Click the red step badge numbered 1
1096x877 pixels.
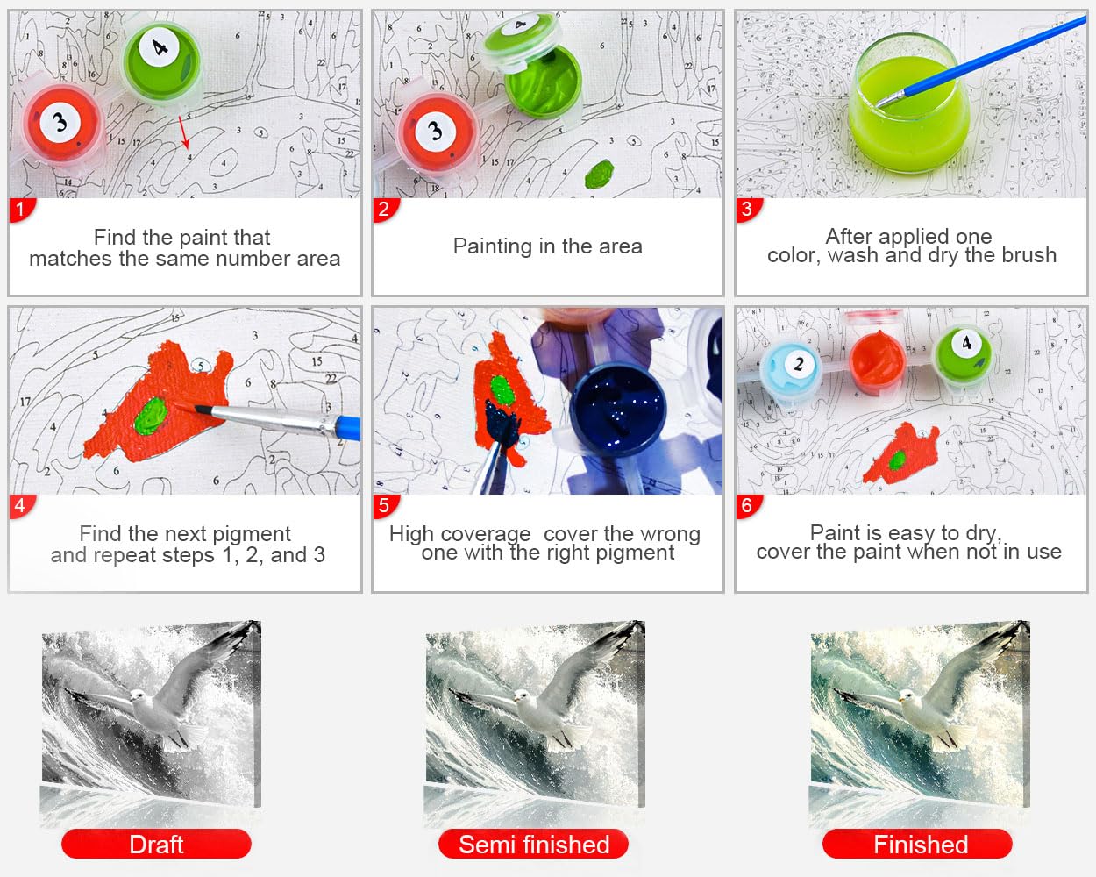point(21,210)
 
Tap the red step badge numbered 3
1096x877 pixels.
point(748,210)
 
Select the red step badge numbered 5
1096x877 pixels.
point(385,507)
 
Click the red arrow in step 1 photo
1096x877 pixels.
point(184,132)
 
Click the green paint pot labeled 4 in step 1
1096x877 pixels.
point(162,61)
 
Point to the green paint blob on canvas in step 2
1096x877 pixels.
point(600,175)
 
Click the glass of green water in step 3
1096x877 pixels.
point(909,104)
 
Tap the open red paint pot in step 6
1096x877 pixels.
point(877,360)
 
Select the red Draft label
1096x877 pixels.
point(156,845)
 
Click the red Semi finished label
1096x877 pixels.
point(534,845)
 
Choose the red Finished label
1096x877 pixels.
point(918,845)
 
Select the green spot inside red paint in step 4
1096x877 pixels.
point(150,417)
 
